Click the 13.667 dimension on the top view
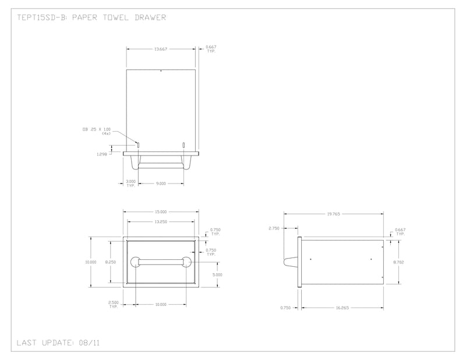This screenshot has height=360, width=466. click(x=161, y=49)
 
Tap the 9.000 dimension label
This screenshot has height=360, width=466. click(x=161, y=183)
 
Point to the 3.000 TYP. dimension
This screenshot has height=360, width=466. click(x=131, y=183)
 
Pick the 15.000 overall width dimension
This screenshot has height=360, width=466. click(x=161, y=211)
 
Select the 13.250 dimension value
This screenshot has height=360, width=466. click(x=161, y=222)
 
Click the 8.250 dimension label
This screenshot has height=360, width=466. click(x=110, y=262)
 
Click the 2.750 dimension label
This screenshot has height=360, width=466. click(x=274, y=228)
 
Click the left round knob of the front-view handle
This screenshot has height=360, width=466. click(x=135, y=262)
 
